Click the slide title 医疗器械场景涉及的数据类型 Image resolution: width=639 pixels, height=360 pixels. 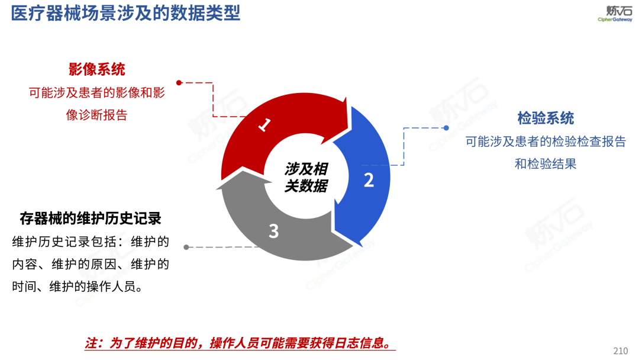click(125, 13)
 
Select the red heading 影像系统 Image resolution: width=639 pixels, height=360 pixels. click(97, 69)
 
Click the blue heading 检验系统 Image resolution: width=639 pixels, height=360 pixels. click(546, 118)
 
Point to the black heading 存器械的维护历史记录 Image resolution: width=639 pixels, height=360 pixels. click(91, 218)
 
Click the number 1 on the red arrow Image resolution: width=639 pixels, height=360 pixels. click(265, 124)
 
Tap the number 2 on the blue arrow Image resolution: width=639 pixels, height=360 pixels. click(369, 180)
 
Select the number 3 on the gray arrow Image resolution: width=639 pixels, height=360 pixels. click(273, 231)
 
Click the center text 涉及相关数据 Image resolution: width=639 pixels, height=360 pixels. click(305, 177)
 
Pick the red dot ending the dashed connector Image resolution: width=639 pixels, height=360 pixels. click(179, 83)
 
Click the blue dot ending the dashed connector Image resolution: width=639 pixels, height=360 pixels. click(446, 127)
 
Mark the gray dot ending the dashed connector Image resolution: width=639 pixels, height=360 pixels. click(186, 247)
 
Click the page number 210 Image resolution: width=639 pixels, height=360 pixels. click(621, 351)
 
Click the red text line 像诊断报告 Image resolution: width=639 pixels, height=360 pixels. click(97, 115)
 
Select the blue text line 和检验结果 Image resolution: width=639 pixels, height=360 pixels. click(546, 164)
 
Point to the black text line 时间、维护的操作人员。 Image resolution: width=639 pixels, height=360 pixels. click(78, 287)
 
